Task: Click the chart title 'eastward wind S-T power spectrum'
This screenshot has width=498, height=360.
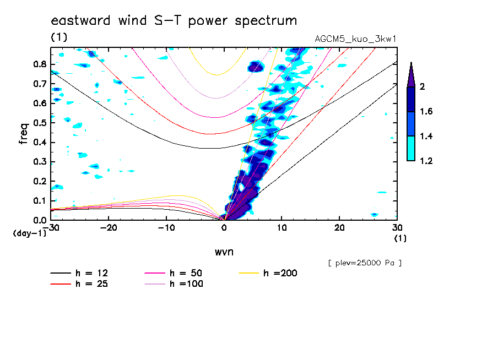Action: point(174,21)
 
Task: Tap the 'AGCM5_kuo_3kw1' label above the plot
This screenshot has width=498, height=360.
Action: point(355,40)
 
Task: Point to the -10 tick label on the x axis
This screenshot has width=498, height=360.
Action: point(166,227)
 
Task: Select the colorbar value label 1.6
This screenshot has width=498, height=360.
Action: point(426,112)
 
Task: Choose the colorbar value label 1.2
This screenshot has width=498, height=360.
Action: point(426,161)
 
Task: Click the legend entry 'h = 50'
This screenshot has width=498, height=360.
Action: point(186,273)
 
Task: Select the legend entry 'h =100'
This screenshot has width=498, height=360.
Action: point(186,284)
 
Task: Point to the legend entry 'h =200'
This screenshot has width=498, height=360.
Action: point(280,273)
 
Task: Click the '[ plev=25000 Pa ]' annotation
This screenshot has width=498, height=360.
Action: point(364,263)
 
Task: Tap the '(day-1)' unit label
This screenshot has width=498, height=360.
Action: point(30,233)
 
